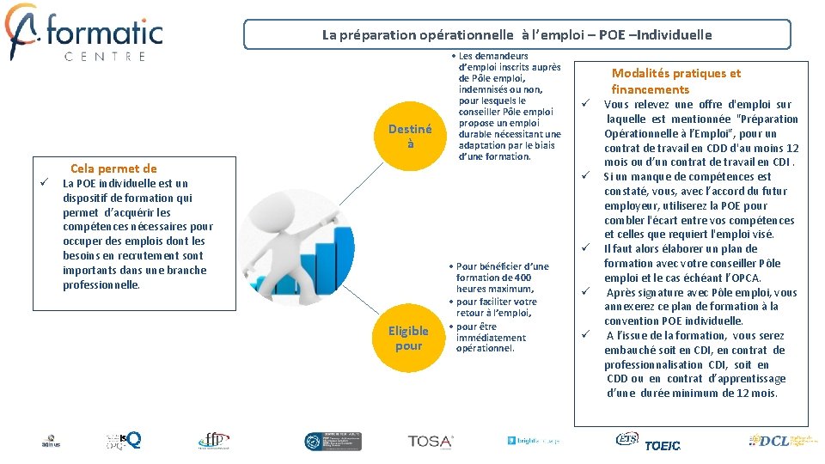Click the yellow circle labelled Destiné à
(x=410, y=136)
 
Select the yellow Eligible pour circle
(x=408, y=338)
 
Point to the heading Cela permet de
(x=113, y=168)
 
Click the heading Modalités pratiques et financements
(x=675, y=82)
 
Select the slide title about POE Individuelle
(x=516, y=35)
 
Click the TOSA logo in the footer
(x=431, y=441)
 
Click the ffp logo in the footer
(x=212, y=440)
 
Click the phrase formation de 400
(x=493, y=278)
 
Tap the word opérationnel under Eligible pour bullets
(x=484, y=348)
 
